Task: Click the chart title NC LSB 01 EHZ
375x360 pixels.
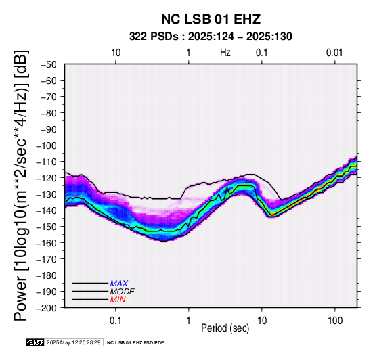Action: (211, 19)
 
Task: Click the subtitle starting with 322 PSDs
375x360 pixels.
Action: (211, 37)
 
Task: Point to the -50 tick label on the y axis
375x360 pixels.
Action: (49, 64)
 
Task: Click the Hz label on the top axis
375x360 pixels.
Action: (225, 53)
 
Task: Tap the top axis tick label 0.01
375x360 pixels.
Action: (334, 53)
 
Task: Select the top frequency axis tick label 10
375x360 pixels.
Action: (116, 53)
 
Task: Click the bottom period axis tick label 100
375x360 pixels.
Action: (335, 321)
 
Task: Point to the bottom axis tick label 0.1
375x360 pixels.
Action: (116, 321)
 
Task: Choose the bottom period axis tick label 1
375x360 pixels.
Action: (189, 321)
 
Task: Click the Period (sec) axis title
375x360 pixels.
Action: (225, 328)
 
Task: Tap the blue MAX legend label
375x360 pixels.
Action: (119, 284)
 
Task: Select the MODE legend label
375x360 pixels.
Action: (123, 292)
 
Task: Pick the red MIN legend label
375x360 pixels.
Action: (118, 300)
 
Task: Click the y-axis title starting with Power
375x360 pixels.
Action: (21, 185)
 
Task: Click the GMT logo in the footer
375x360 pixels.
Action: (35, 342)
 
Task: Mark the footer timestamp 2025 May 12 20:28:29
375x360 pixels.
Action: (73, 342)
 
